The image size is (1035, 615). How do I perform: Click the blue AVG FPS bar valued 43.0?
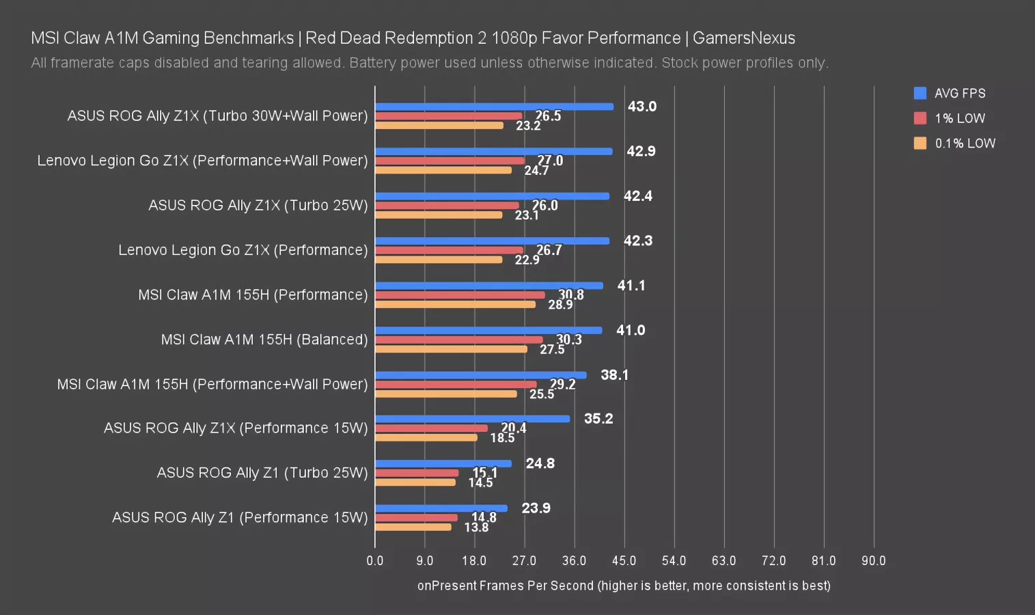click(x=494, y=107)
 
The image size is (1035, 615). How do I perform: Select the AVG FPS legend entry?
click(x=950, y=94)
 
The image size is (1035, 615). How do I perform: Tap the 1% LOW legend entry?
click(x=950, y=118)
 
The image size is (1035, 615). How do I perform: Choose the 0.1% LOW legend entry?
click(x=955, y=143)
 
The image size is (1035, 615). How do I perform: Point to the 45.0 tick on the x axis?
click(x=624, y=561)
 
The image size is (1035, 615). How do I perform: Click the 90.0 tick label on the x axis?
click(x=873, y=561)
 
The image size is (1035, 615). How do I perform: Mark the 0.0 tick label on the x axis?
click(x=375, y=561)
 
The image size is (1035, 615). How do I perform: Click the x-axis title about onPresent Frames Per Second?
click(x=624, y=586)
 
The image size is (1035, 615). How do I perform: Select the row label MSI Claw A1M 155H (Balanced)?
click(x=264, y=340)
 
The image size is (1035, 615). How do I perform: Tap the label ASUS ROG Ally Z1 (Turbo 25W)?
click(x=262, y=473)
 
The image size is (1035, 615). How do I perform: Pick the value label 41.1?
click(x=631, y=286)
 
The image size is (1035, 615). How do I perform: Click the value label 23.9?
click(x=536, y=508)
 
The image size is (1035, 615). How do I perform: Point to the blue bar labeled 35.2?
click(x=472, y=419)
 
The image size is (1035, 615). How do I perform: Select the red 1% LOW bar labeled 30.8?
click(x=460, y=295)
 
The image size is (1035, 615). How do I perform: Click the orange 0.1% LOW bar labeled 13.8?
click(x=413, y=527)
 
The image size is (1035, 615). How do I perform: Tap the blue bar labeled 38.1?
click(x=480, y=375)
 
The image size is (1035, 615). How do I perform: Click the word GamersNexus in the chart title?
click(x=744, y=38)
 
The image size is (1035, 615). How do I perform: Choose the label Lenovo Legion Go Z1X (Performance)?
click(x=243, y=250)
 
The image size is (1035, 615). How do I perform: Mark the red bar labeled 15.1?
click(x=417, y=473)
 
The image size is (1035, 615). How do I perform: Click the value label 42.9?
click(x=641, y=151)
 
